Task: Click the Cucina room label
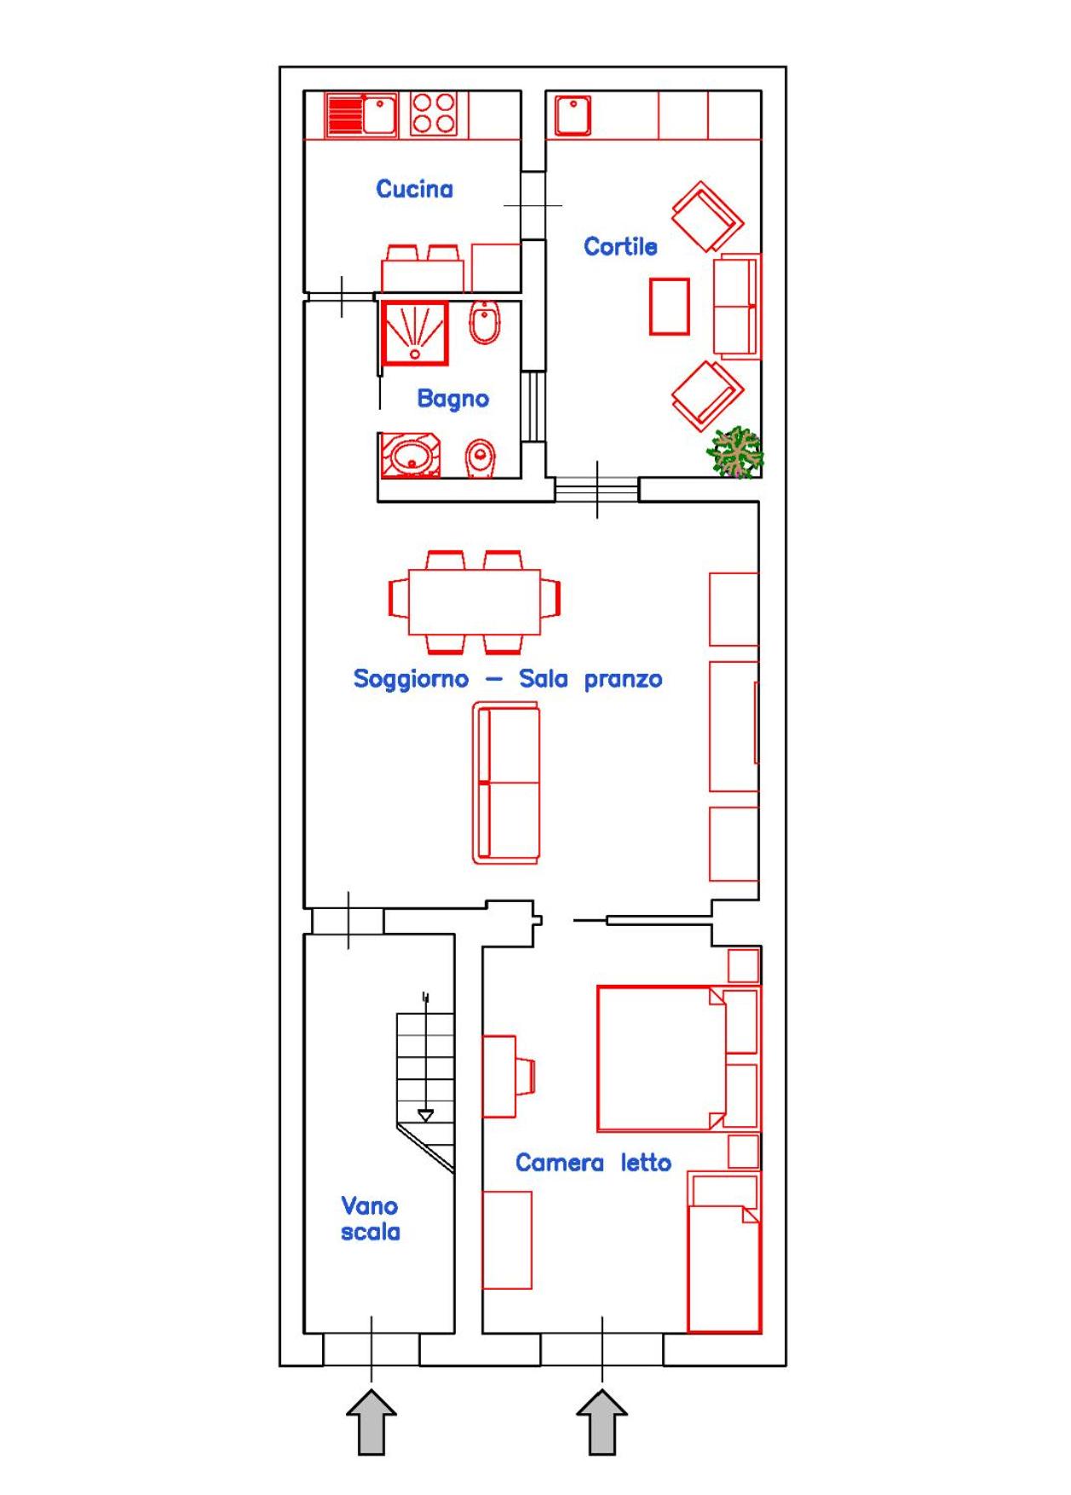[x=414, y=188]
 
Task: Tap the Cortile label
[x=620, y=246]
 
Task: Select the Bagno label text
[x=452, y=399]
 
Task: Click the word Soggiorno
[x=411, y=679]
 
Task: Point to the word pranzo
[x=623, y=680]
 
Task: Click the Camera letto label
[x=593, y=1163]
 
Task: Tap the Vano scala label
[x=371, y=1219]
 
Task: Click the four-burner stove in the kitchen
[x=434, y=114]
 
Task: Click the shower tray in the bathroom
[x=415, y=333]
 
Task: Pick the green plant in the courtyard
[x=735, y=452]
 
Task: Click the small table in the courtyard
[x=670, y=307]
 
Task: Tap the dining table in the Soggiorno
[x=475, y=601]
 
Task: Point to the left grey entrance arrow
[x=371, y=1422]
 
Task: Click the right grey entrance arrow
[x=602, y=1422]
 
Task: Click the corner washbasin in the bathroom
[x=410, y=456]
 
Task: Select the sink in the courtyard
[x=573, y=116]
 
